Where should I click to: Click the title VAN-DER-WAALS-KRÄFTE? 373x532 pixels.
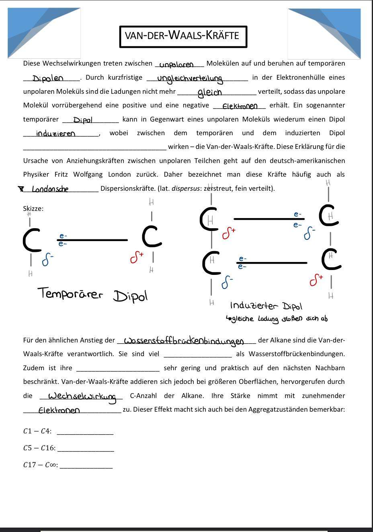pyautogui.click(x=183, y=36)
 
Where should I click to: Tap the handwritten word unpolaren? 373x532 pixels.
pyautogui.click(x=176, y=64)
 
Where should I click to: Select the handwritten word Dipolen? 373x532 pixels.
pyautogui.click(x=48, y=78)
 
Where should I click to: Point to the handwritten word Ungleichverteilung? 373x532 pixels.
pyautogui.click(x=190, y=78)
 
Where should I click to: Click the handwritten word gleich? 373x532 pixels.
pyautogui.click(x=209, y=93)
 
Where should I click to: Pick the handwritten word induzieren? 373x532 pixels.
pyautogui.click(x=55, y=134)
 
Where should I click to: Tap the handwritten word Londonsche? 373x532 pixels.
pyautogui.click(x=50, y=189)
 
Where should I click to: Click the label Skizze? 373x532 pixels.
pyautogui.click(x=33, y=208)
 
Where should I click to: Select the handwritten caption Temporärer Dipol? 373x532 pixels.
pyautogui.click(x=93, y=295)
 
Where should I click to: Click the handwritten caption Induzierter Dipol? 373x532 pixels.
pyautogui.click(x=266, y=306)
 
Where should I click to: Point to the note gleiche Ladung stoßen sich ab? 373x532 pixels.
pyautogui.click(x=277, y=319)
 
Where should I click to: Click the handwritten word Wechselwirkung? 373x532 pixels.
pyautogui.click(x=82, y=396)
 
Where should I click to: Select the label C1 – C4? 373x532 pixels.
pyautogui.click(x=37, y=431)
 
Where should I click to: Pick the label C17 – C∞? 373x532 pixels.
pyautogui.click(x=40, y=465)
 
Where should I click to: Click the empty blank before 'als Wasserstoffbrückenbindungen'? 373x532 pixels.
pyautogui.click(x=198, y=354)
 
